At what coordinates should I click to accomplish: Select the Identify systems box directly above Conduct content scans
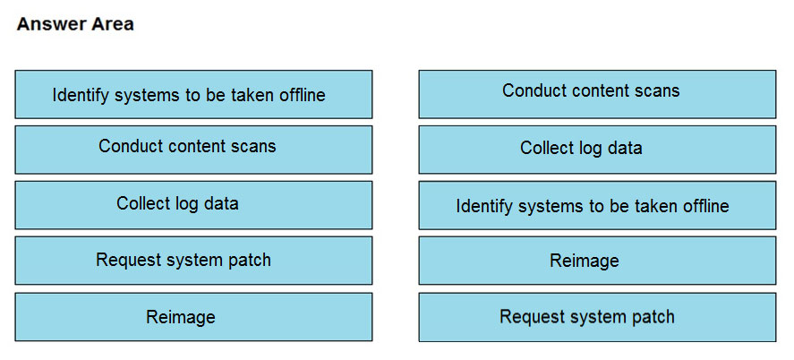[193, 94]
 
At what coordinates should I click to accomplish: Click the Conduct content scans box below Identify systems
[193, 150]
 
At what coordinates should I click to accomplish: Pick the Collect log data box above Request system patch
[193, 205]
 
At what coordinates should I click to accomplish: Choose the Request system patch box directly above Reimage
[193, 261]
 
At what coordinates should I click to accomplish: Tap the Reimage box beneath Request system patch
[193, 316]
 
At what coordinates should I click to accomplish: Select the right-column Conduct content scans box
[597, 94]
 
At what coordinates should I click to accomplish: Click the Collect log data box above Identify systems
[597, 150]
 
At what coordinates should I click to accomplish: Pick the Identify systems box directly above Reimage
[597, 205]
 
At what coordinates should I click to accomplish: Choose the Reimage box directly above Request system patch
[597, 261]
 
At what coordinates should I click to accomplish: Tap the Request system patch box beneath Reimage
[597, 316]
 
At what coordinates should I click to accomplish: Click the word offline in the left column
[303, 95]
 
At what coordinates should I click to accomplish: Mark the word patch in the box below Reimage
[653, 316]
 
